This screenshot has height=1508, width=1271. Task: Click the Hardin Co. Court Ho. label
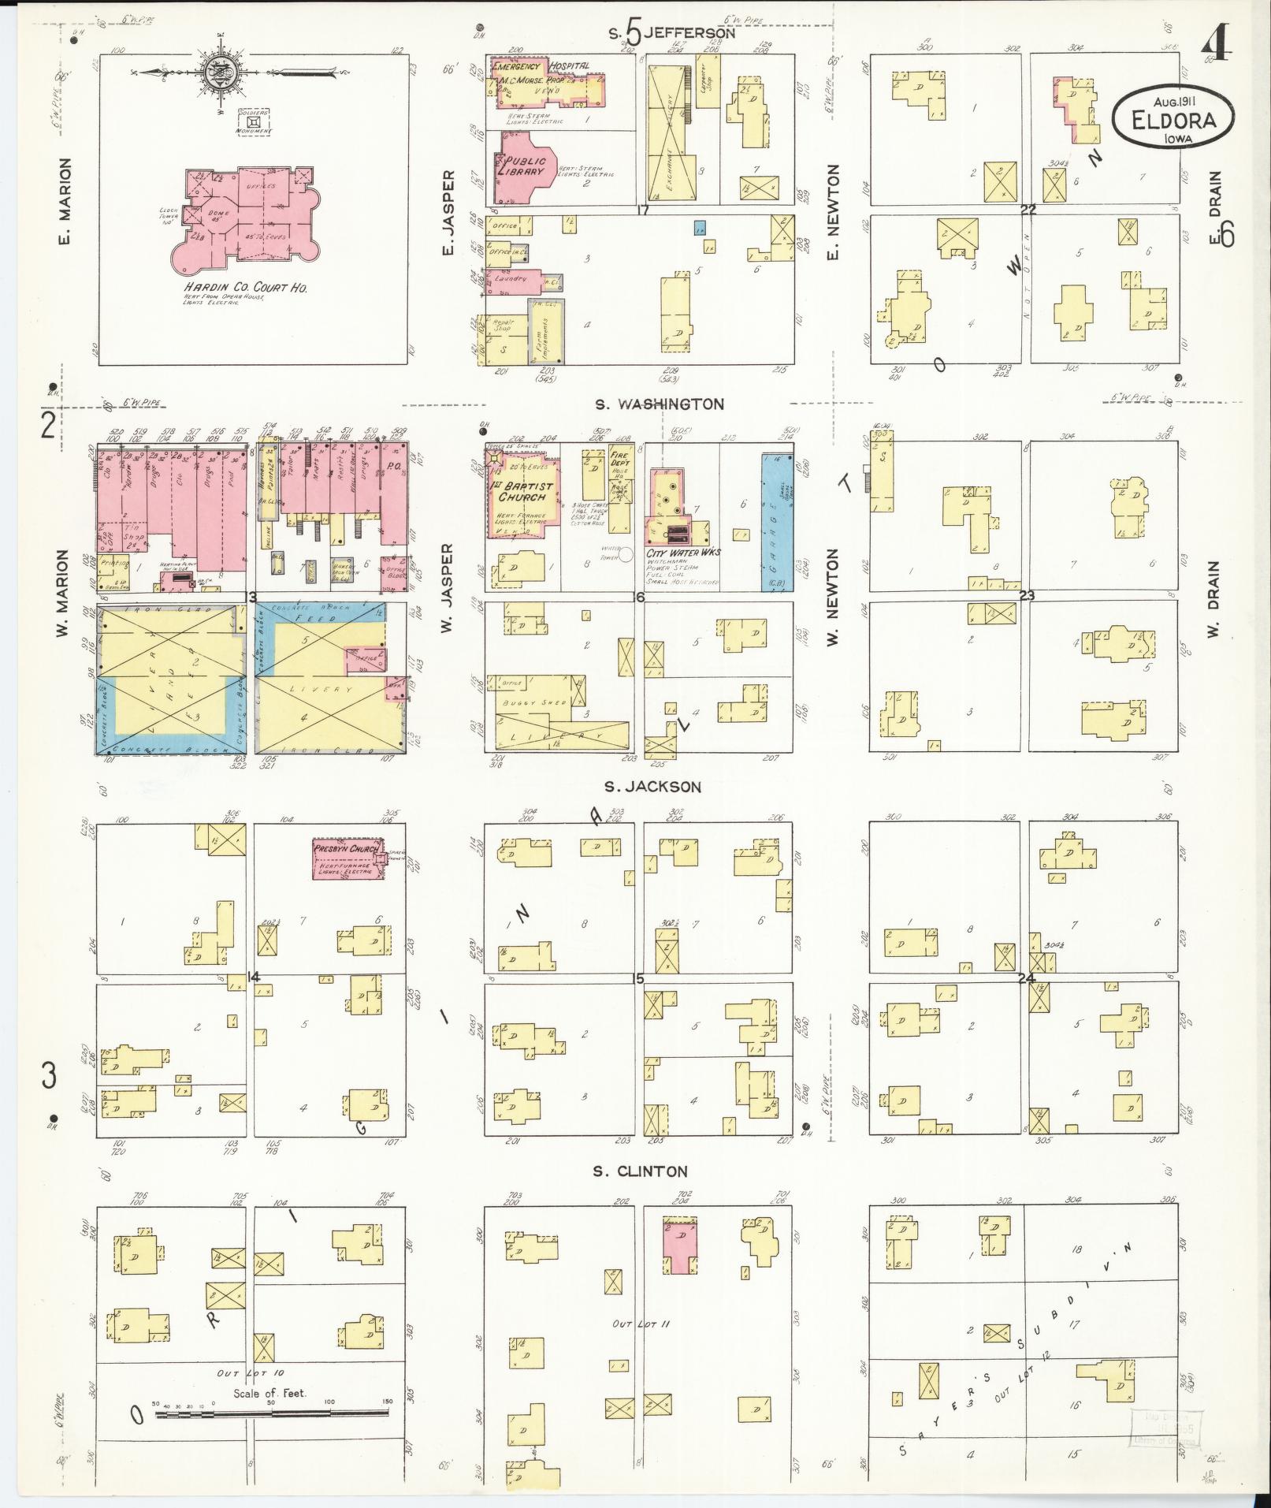[245, 288]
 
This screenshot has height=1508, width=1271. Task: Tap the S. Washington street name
[659, 404]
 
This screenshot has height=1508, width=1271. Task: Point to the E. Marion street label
[65, 201]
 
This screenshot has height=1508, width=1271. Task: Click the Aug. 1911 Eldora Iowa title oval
[1173, 116]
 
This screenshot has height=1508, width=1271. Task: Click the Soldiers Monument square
[254, 123]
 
